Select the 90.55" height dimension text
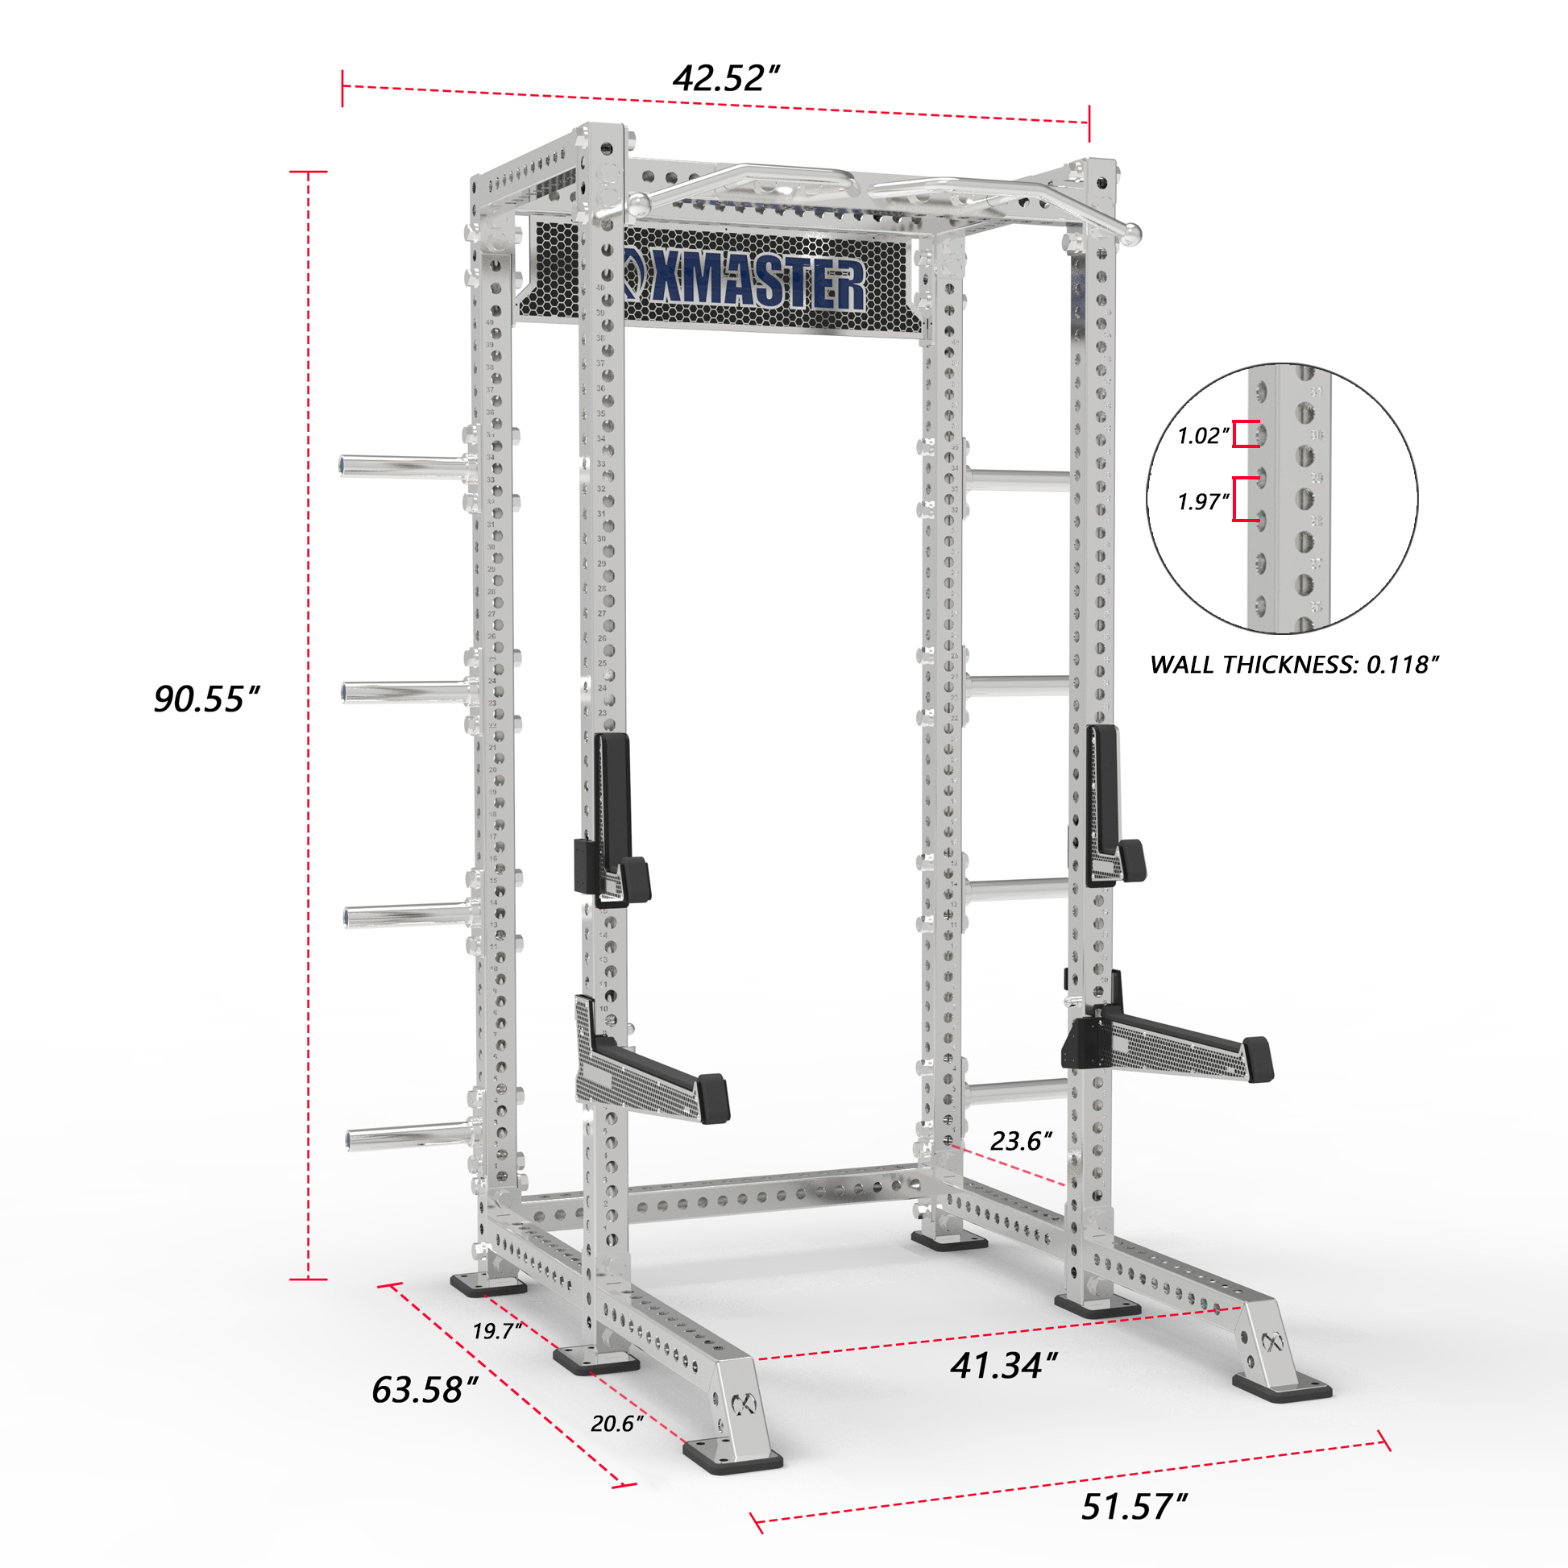[206, 699]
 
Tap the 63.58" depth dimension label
[424, 1389]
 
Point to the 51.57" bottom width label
[1134, 1506]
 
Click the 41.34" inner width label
[1004, 1365]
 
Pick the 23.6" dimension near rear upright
[1020, 1141]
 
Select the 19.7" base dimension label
[496, 1331]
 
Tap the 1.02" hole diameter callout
[1203, 436]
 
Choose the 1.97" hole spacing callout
[1203, 501]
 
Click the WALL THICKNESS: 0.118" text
[1294, 665]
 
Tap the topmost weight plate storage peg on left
[402, 467]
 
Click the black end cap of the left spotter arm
[713, 1098]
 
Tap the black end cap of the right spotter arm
[1258, 1059]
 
